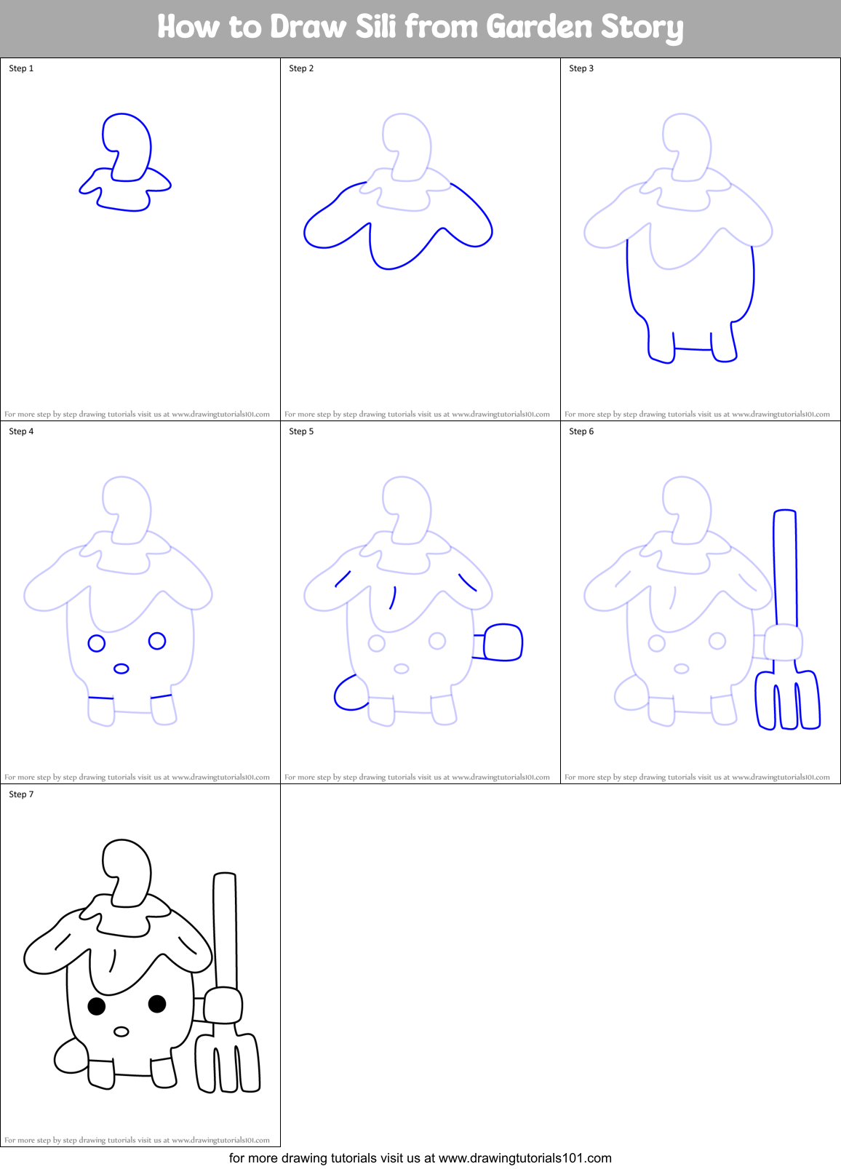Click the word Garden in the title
pos(539,27)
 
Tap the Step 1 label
pos(21,68)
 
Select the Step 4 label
pos(21,431)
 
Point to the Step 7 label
pos(21,794)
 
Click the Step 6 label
pos(581,431)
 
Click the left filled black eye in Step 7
pos(97,1006)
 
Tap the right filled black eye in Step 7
pos(157,1004)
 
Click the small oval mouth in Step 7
pos(121,1032)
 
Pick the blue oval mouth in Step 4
pos(121,669)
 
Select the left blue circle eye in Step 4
pos(97,643)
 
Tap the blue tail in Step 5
pos(348,693)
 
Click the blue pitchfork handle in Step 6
pos(785,567)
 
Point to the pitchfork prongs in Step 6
pos(788,702)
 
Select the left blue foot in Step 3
pos(660,346)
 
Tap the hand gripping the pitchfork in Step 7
pos(223,1005)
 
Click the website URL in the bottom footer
pos(525,1158)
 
